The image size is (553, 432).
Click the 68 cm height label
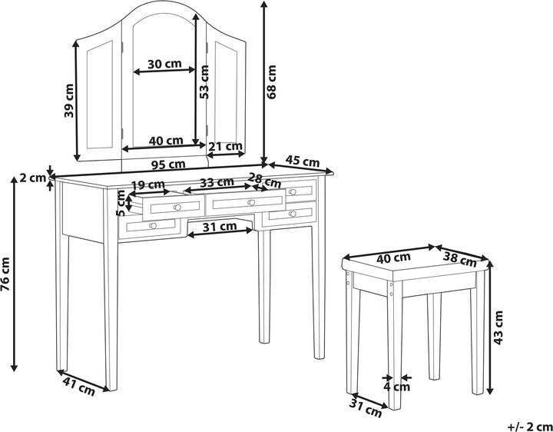point(272,82)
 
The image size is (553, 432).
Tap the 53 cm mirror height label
point(204,82)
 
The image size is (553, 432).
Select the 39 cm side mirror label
point(69,101)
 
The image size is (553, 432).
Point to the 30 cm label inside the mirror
point(164,64)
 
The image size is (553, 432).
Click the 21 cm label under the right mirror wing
point(225,146)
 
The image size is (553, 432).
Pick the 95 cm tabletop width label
point(168,164)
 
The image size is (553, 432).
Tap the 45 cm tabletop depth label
point(303,161)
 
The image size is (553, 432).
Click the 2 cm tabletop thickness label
point(32,178)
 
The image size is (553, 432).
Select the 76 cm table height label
point(5,274)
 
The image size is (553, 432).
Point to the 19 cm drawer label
point(147,184)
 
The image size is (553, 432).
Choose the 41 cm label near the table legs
point(79,386)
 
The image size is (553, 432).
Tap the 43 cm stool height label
point(498,327)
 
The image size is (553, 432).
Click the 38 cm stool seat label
point(459,260)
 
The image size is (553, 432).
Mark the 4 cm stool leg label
point(397,387)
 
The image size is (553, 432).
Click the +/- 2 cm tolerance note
point(530,427)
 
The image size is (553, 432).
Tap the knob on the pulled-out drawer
point(177,208)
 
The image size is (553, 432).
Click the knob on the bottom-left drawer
point(153,225)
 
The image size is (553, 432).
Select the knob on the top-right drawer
point(293,192)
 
